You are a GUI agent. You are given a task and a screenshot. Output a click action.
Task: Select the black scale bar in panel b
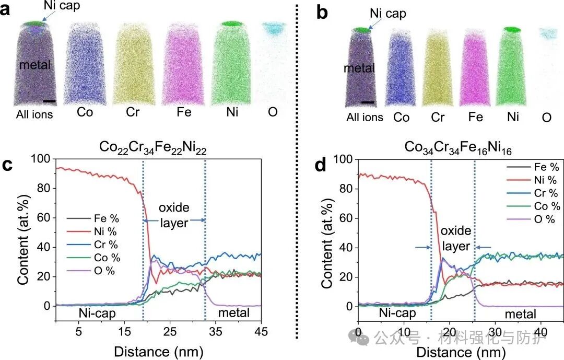367,102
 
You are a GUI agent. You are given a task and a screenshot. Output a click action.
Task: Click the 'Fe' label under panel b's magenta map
475,117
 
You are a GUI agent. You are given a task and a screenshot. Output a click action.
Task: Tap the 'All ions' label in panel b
365,117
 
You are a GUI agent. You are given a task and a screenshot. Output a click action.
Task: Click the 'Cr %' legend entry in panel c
105,245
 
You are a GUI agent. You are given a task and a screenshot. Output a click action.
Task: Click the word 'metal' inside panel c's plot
234,313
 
